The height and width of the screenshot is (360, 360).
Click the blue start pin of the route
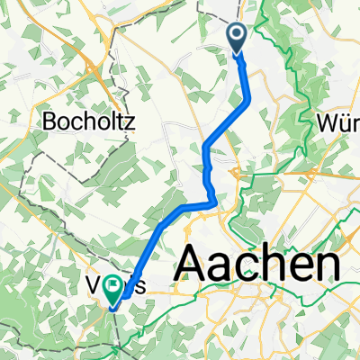pos(238,38)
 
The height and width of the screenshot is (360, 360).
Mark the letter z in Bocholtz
pos(128,120)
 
